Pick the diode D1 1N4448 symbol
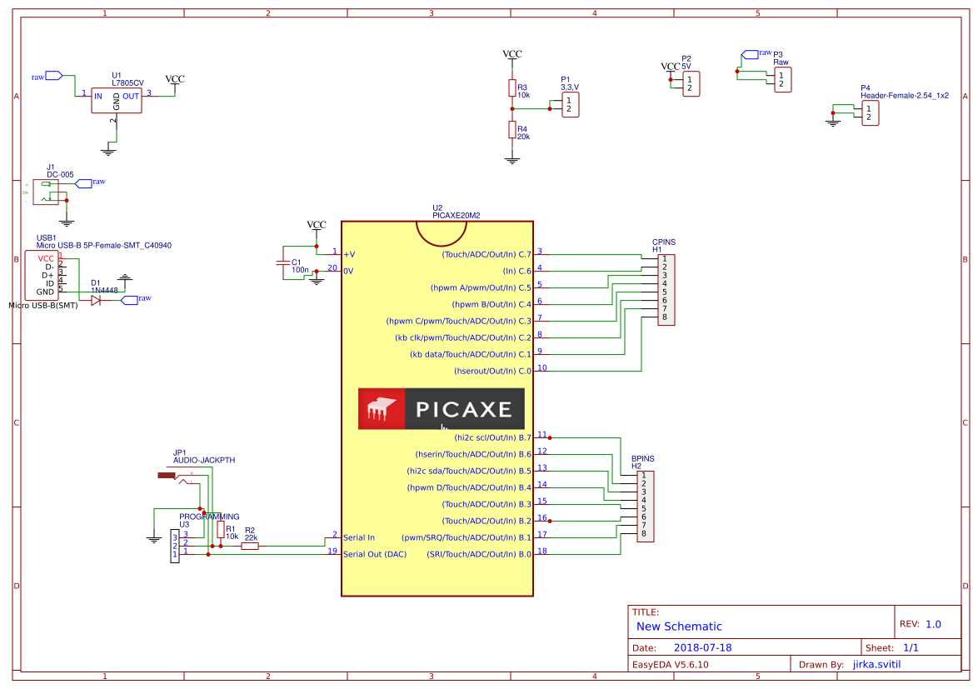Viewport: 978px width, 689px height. point(96,300)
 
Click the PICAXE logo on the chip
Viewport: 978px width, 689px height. point(441,409)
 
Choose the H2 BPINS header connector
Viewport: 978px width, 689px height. point(645,507)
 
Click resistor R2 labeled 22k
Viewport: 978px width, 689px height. point(250,547)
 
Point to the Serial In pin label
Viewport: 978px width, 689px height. point(359,537)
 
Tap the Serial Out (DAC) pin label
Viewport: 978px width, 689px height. point(375,554)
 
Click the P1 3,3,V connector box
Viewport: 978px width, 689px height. point(570,104)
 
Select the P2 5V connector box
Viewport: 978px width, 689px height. point(691,83)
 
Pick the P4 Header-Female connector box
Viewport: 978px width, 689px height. point(870,113)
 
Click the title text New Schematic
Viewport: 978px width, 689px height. point(679,627)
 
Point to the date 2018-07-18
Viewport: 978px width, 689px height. point(702,647)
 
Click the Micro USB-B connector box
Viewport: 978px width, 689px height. point(41,275)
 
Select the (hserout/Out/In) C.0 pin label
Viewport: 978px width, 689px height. point(491,371)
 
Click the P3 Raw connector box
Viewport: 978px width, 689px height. point(781,79)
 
